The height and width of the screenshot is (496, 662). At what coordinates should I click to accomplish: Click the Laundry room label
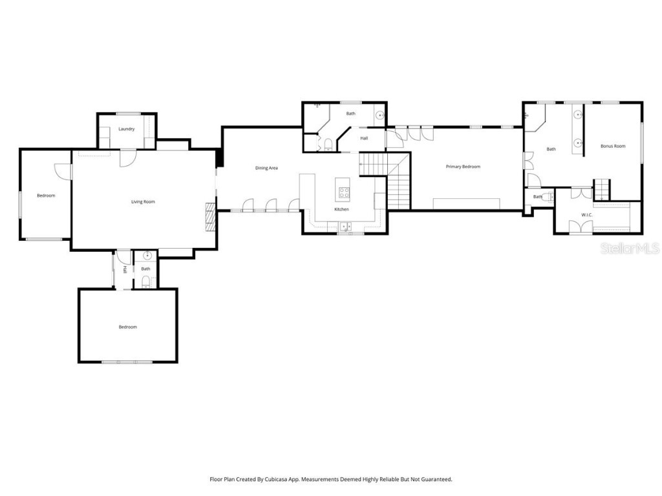[x=127, y=129]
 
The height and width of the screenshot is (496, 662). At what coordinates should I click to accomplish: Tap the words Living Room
[x=143, y=202]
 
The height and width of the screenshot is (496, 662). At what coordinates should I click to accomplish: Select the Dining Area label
[x=266, y=168]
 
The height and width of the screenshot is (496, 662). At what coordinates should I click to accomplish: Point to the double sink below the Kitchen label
[x=345, y=226]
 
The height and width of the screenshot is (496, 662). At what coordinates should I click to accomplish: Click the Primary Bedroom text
[x=463, y=167]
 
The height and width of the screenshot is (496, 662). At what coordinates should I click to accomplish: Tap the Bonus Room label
[x=613, y=146]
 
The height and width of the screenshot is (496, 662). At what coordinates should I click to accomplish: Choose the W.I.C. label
[x=587, y=214]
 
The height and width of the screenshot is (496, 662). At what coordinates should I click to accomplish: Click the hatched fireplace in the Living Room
[x=209, y=216]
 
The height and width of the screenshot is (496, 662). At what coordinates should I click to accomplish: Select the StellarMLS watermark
[x=630, y=248]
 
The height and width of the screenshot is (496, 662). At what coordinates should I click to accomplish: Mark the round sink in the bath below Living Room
[x=147, y=256]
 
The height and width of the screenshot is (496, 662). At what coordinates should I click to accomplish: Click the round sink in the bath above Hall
[x=379, y=117]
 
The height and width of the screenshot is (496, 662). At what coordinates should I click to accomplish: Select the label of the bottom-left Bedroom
[x=127, y=327]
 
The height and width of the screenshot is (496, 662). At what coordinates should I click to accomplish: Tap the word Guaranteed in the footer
[x=434, y=479]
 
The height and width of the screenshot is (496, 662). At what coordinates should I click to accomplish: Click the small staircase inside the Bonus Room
[x=602, y=189]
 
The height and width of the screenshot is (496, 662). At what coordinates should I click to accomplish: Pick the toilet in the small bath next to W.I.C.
[x=549, y=196]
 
